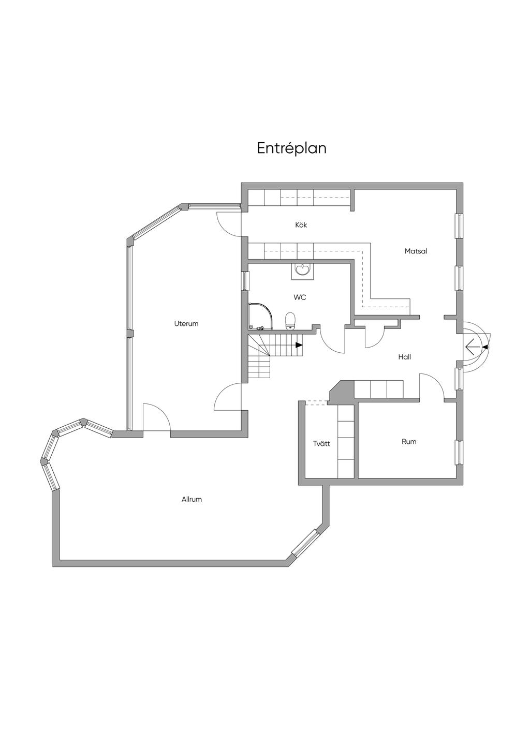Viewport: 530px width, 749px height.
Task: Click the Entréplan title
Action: pyautogui.click(x=291, y=148)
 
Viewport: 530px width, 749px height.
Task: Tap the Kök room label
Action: pyautogui.click(x=301, y=225)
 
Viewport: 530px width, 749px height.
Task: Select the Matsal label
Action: pyautogui.click(x=416, y=251)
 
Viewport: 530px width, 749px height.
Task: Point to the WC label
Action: pyautogui.click(x=300, y=297)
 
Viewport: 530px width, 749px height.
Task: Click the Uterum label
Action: pyautogui.click(x=186, y=324)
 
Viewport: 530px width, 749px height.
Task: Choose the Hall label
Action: pyautogui.click(x=405, y=357)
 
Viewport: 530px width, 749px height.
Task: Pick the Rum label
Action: pyautogui.click(x=409, y=442)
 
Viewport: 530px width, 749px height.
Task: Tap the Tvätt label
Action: pyautogui.click(x=321, y=444)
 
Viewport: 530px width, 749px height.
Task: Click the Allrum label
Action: pyautogui.click(x=192, y=500)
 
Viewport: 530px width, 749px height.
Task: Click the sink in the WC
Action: pyautogui.click(x=302, y=270)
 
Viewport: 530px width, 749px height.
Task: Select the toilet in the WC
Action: pyautogui.click(x=290, y=321)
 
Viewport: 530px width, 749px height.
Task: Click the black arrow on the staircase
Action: pyautogui.click(x=299, y=345)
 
